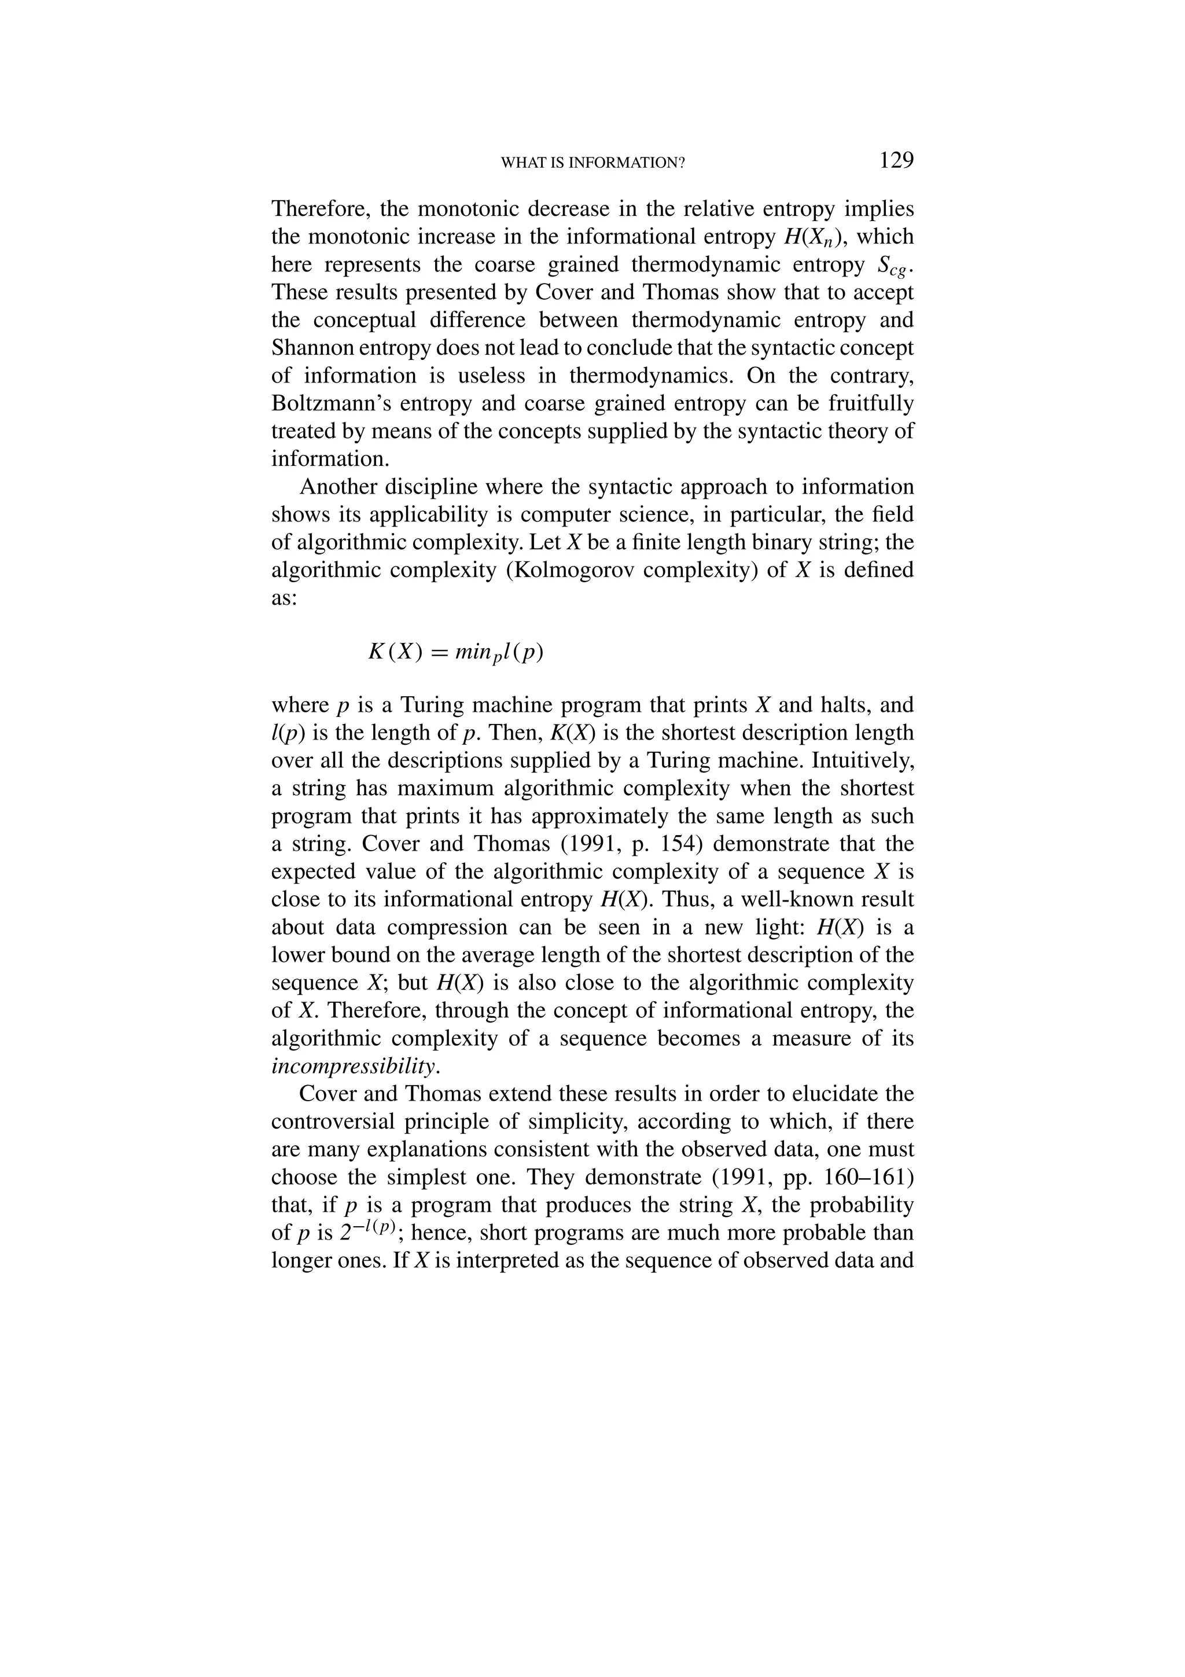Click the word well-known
(786, 899)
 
